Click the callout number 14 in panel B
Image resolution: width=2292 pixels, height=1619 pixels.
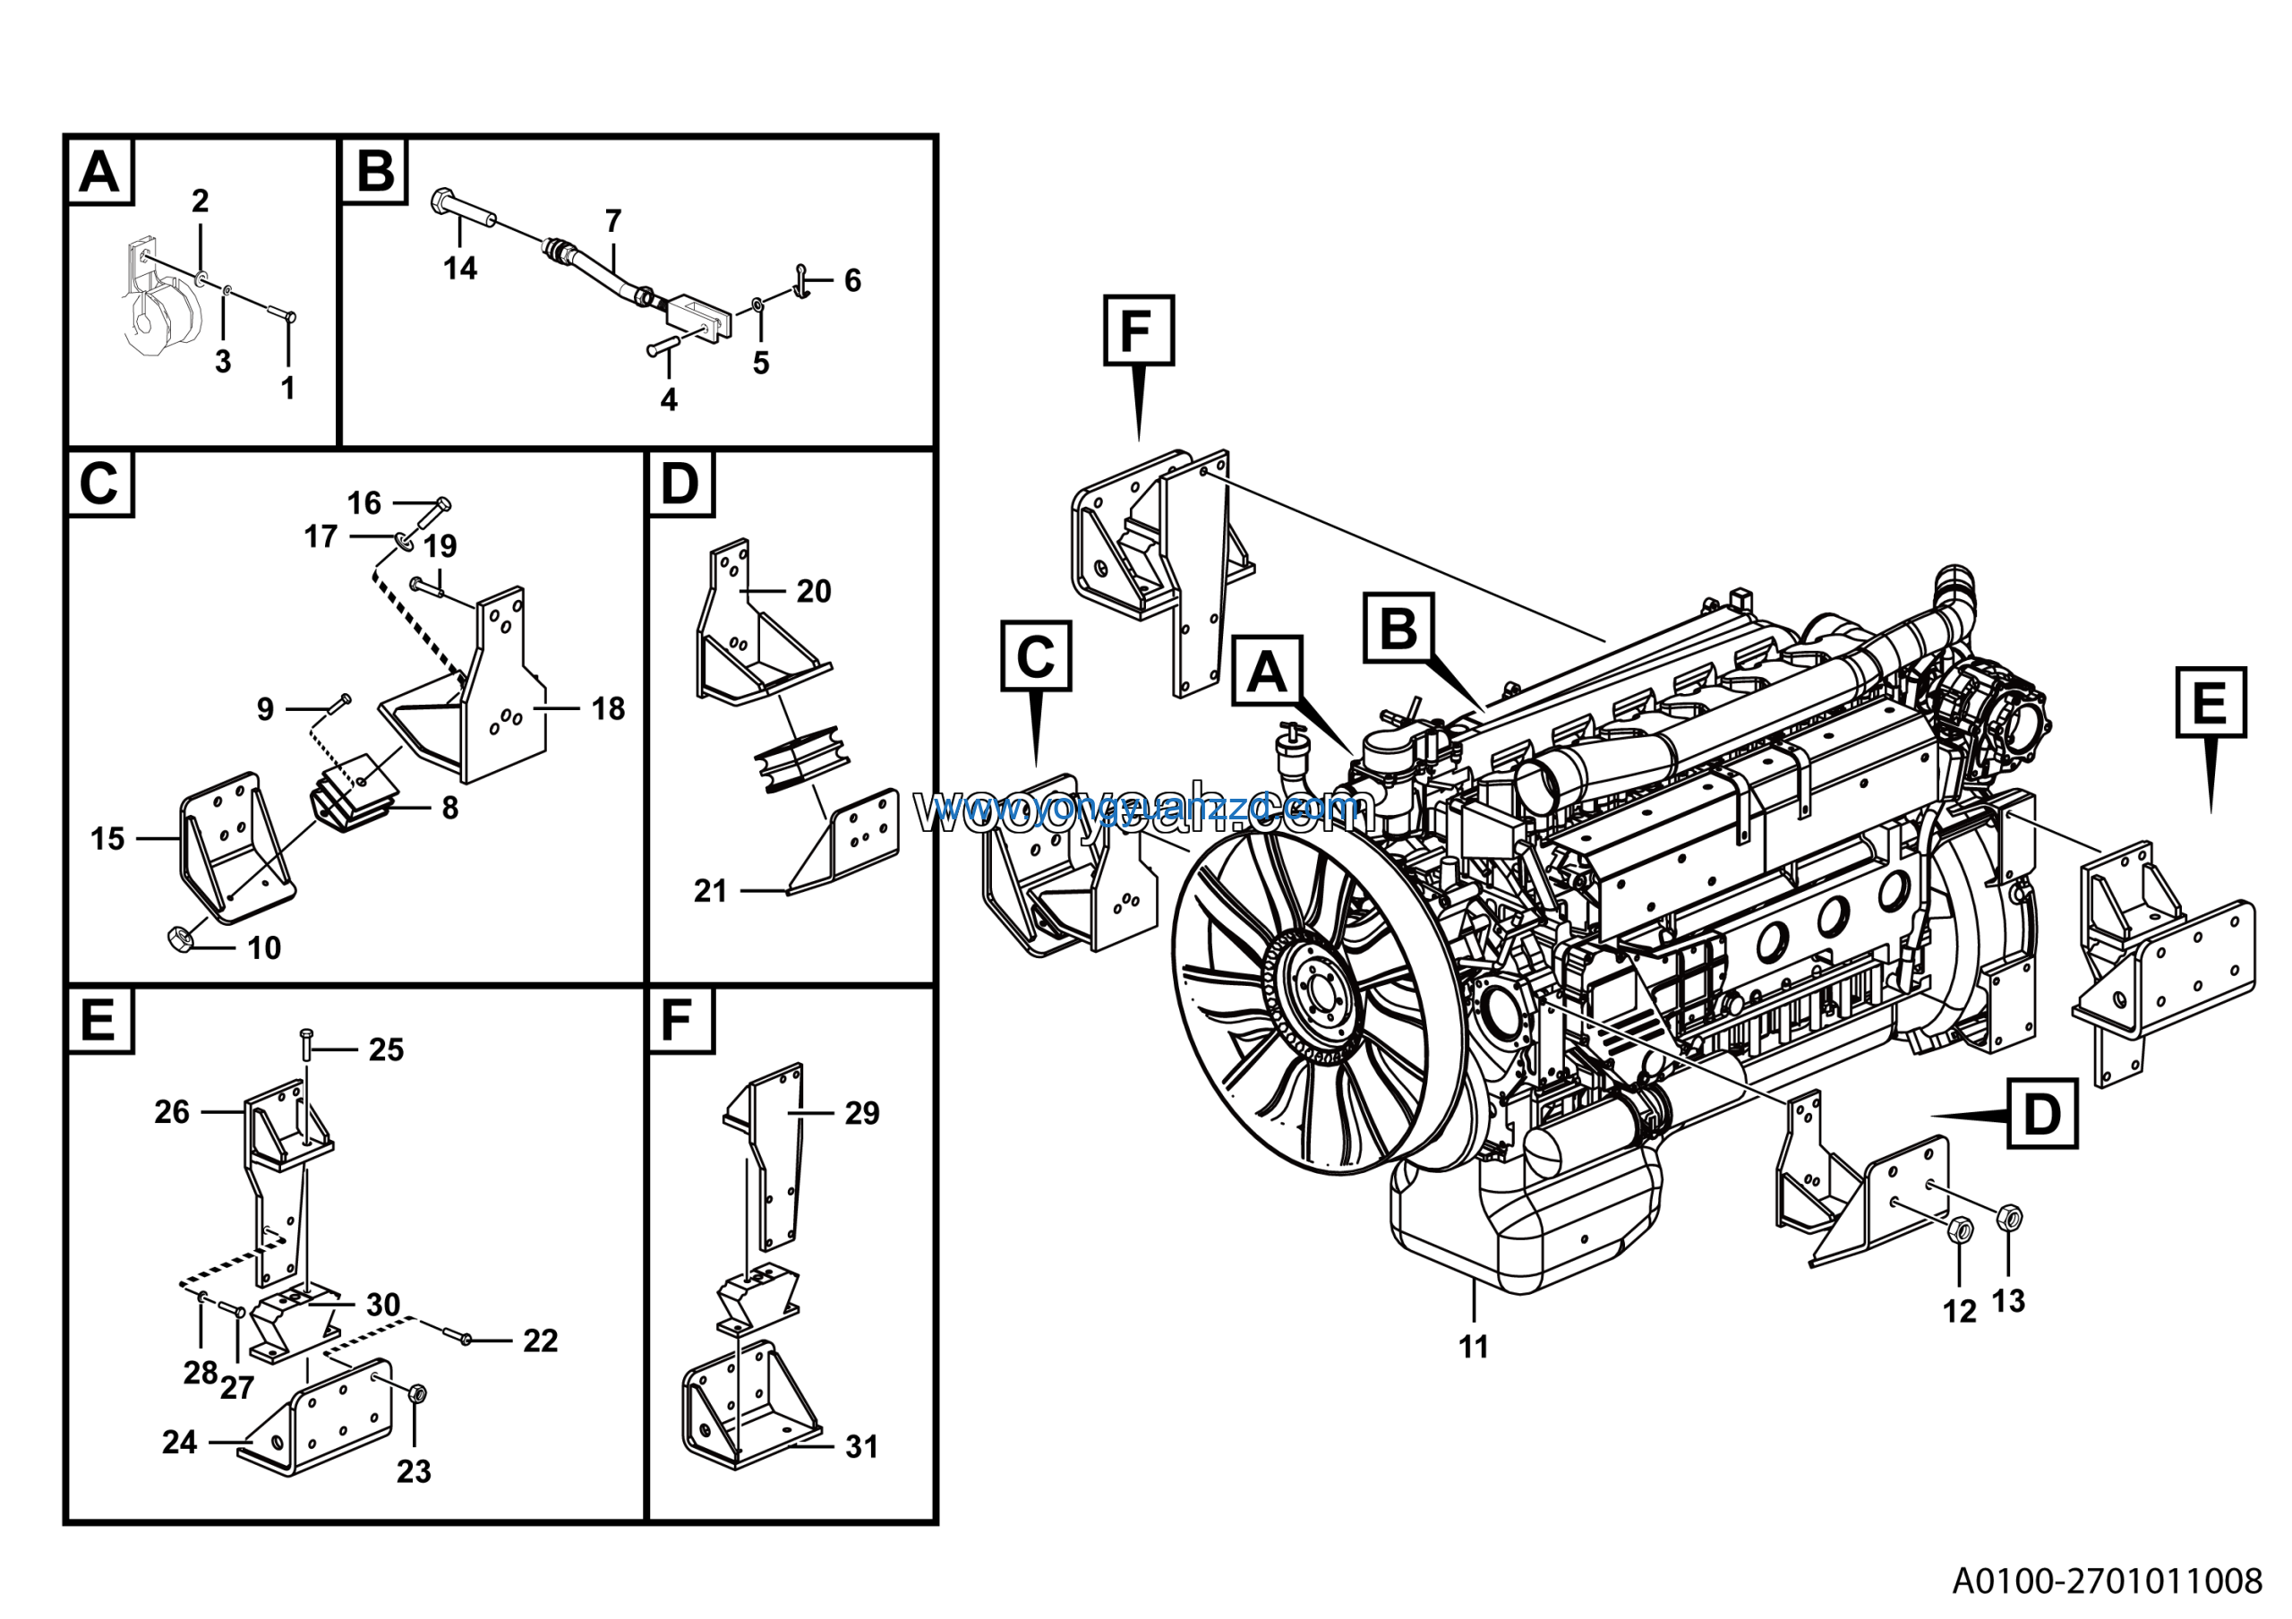[460, 268]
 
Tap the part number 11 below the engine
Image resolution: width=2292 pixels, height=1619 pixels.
[1474, 1347]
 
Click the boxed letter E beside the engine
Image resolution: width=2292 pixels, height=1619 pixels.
[2211, 703]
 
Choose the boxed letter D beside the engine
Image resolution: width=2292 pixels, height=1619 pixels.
[2041, 1114]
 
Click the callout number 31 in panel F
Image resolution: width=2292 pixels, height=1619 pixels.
[861, 1446]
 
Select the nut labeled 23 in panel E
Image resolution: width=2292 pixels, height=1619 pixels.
[418, 1392]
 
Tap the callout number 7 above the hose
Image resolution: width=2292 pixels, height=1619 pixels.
[613, 220]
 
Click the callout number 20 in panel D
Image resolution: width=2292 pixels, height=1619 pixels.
[814, 591]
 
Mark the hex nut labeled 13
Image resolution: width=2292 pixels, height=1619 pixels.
[2011, 1217]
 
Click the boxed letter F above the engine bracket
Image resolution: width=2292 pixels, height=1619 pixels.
[1138, 330]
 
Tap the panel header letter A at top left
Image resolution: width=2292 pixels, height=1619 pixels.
[99, 172]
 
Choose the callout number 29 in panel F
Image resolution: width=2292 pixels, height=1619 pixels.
[861, 1113]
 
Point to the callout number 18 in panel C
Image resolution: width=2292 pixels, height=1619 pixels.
[608, 708]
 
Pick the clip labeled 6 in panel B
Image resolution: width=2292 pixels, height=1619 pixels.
[801, 280]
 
